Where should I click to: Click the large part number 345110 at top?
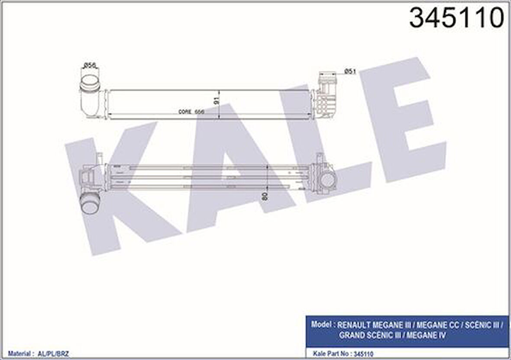pyautogui.click(x=457, y=18)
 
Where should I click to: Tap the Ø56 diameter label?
pyautogui.click(x=90, y=65)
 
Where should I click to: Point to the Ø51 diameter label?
pyautogui.click(x=349, y=71)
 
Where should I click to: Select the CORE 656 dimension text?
pyautogui.click(x=191, y=112)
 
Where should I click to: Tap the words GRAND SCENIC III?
pyautogui.click(x=369, y=335)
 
